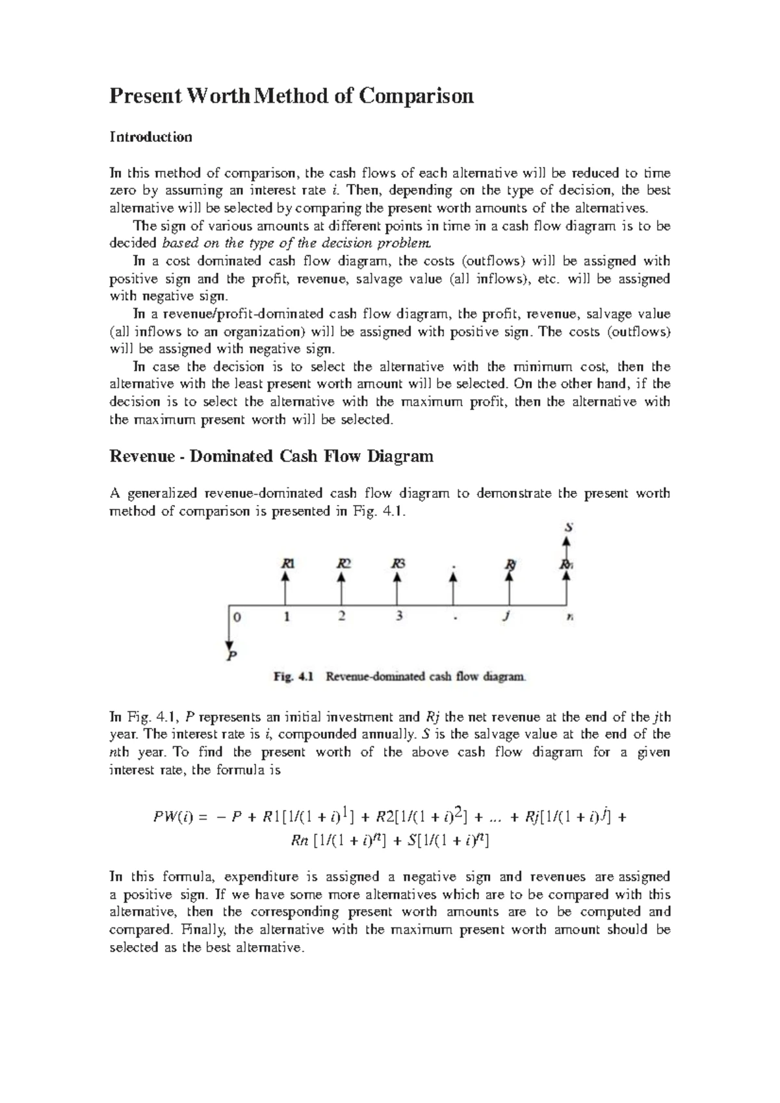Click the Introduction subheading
(151, 137)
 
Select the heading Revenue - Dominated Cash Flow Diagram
(271, 456)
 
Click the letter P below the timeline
(231, 656)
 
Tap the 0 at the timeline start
(237, 617)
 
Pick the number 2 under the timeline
(342, 617)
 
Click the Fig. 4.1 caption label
(293, 677)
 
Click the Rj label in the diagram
(510, 564)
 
